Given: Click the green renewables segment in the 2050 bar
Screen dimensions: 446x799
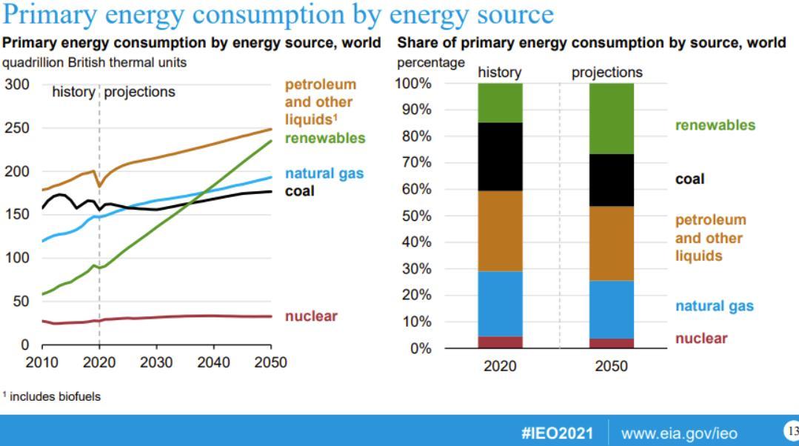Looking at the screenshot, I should coord(611,119).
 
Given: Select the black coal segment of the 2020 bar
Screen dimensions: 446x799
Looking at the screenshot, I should coord(500,157).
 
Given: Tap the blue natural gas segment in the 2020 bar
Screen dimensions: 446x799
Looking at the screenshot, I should coord(500,304).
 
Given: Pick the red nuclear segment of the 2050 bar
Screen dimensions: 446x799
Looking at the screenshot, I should coord(611,343).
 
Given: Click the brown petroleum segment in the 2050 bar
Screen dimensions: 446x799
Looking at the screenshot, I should coord(611,243).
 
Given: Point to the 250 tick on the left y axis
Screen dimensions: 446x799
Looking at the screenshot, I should coord(17,127).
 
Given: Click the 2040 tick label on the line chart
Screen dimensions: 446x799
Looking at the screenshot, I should coord(213,362).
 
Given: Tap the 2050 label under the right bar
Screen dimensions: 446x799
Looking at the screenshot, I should coord(611,366).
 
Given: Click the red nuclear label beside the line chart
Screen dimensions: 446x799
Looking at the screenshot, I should coord(311,316).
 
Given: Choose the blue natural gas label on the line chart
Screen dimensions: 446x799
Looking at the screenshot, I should coord(324,174).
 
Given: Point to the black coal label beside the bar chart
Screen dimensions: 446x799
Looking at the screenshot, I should coord(689,179).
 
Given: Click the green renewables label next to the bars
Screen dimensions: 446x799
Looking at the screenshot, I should coord(715,125).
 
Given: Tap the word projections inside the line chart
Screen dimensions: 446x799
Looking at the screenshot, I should coord(139,92).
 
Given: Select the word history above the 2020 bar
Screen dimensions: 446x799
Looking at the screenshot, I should coord(499,73).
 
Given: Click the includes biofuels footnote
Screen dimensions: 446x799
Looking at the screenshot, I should coord(53,396).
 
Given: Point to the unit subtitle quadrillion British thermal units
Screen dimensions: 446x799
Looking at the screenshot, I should coord(95,63).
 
